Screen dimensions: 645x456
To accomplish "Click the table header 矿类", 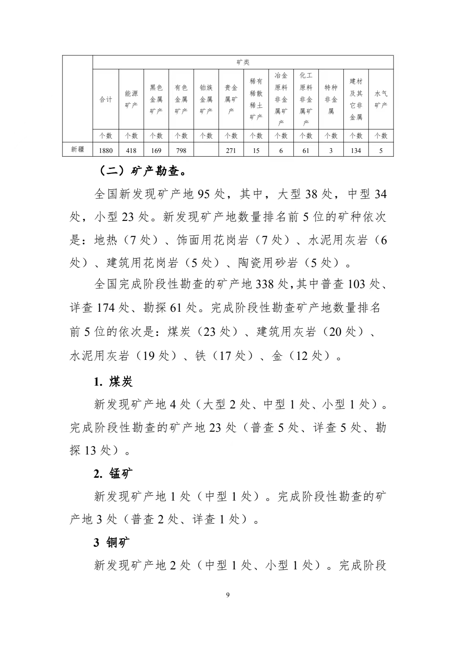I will point(243,62).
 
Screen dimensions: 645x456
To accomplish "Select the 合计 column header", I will point(106,99).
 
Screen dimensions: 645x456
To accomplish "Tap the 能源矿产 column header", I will point(131,99).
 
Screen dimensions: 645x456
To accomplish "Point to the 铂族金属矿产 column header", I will point(206,99).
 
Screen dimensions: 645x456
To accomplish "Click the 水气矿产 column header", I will point(381,99).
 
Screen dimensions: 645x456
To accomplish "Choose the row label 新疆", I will point(78,150).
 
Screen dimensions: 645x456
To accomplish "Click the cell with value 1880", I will point(106,150).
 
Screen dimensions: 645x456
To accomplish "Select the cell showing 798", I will point(181,150).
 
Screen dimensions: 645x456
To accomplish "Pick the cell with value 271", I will point(231,150).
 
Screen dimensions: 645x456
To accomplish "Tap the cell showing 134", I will point(356,150).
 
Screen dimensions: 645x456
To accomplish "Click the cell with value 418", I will point(131,150).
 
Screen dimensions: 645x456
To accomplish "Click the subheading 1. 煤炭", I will point(113,382).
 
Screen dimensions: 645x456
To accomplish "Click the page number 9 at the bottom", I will point(228,595).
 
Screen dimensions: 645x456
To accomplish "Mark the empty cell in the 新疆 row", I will point(206,150).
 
